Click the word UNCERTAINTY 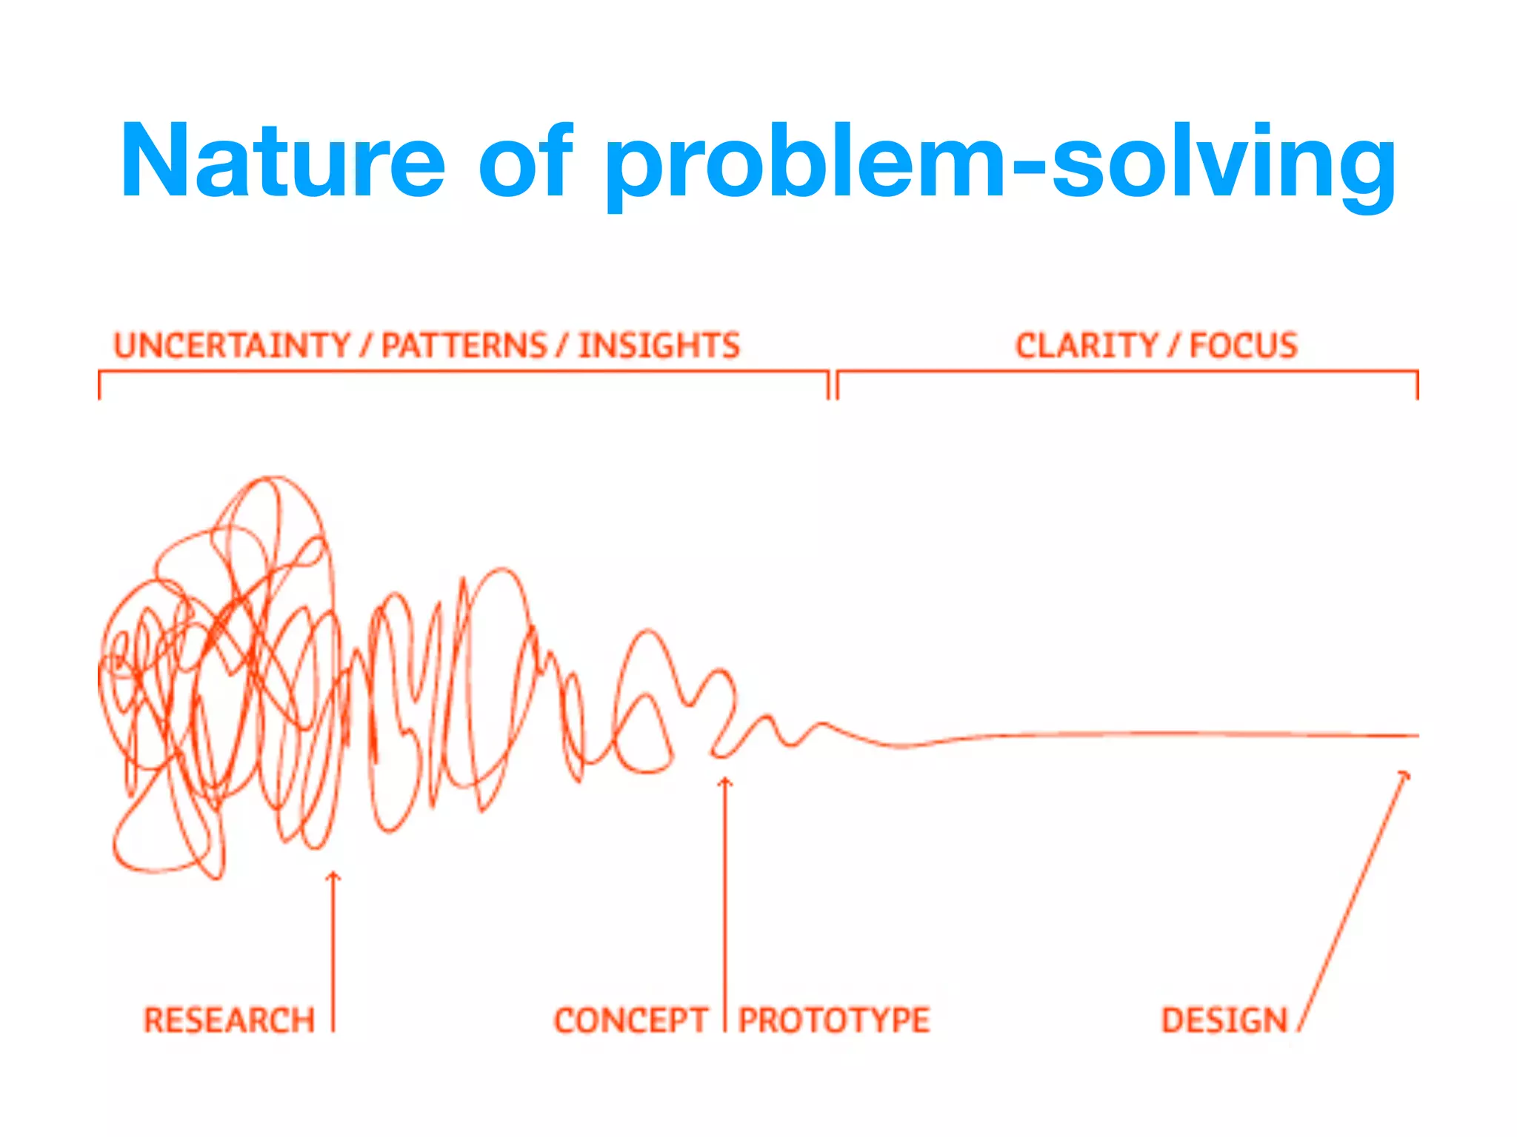click(232, 346)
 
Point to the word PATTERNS click(464, 346)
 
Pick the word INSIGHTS click(659, 346)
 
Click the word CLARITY click(1086, 346)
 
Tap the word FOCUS click(1244, 346)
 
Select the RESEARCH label click(229, 1020)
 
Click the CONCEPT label click(631, 1020)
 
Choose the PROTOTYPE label click(834, 1020)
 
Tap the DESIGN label click(1224, 1020)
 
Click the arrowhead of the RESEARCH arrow click(333, 876)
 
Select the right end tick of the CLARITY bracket click(1417, 385)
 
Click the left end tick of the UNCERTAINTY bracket click(99, 385)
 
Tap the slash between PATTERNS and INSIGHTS click(563, 346)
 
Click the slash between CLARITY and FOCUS click(1173, 346)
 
